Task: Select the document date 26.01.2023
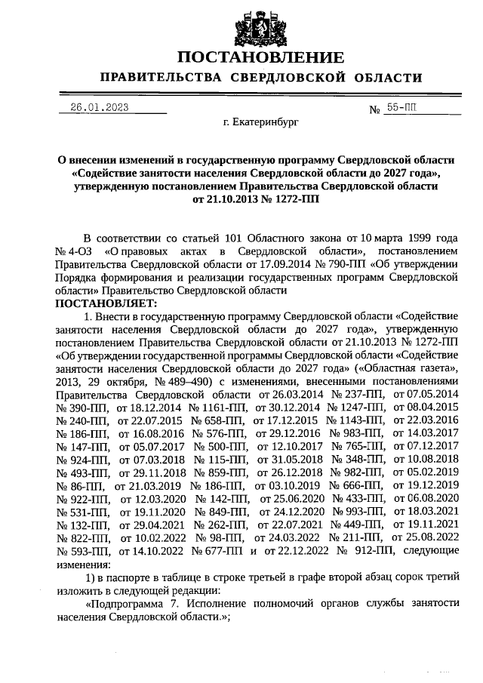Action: click(99, 107)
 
